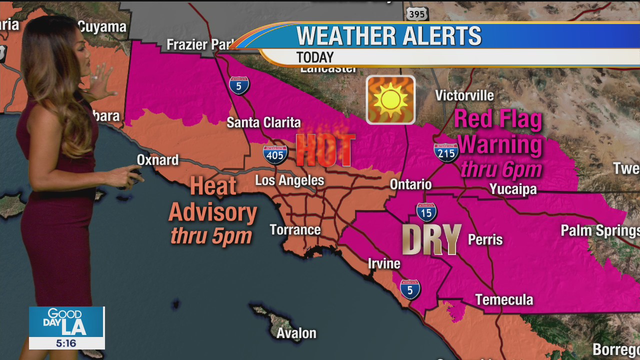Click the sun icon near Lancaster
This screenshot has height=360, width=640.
[390, 99]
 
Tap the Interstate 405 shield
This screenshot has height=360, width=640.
[275, 154]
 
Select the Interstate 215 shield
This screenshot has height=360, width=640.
[446, 152]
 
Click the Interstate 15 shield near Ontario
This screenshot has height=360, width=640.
[426, 212]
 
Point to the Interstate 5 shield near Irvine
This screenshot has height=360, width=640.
[410, 289]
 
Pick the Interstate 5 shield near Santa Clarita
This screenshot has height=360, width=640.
[239, 85]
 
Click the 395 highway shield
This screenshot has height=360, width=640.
[416, 13]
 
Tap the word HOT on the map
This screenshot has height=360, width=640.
[325, 149]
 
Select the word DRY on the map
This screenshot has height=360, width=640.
[431, 240]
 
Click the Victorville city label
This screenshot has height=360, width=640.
[464, 95]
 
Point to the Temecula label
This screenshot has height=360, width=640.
[504, 299]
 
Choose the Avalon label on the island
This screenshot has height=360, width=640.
[296, 333]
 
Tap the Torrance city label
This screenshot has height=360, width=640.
[295, 230]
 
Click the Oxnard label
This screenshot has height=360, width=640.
[157, 160]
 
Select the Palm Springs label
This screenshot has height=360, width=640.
[599, 230]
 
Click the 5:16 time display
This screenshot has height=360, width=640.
[66, 343]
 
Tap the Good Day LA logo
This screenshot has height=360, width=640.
[66, 321]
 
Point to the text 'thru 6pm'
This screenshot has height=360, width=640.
[501, 169]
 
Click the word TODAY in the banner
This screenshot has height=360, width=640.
[314, 57]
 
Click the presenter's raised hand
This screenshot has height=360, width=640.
[102, 82]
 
